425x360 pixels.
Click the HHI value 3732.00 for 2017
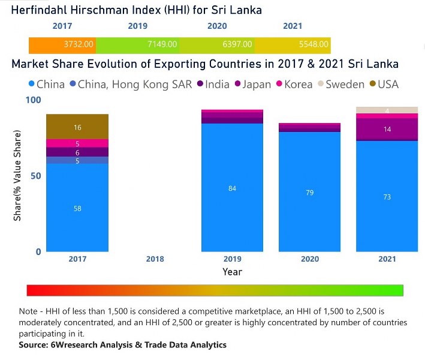[79, 44]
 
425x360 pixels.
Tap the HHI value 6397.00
[238, 44]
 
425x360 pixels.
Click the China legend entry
[46, 84]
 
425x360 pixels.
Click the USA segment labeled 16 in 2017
[77, 127]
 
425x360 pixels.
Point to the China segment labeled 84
[232, 188]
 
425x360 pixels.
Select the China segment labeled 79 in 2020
[309, 193]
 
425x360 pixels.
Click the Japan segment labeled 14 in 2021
[387, 129]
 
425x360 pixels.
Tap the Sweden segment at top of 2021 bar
[387, 110]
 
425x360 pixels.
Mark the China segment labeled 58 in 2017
[77, 208]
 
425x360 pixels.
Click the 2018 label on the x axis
[155, 259]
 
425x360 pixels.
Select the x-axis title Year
[232, 272]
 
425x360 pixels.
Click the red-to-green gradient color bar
[215, 290]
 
